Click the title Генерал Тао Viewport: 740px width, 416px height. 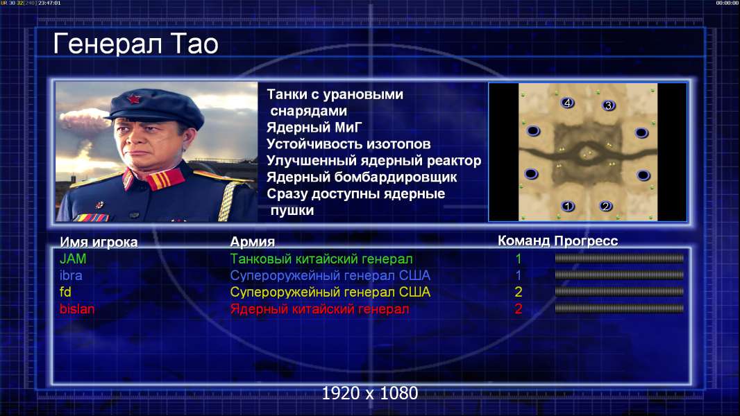pos(135,44)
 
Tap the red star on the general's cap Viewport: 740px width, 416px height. pos(134,98)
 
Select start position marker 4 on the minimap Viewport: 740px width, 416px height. pos(567,102)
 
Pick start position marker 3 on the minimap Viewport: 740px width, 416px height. pos(608,105)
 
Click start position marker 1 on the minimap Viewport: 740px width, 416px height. pos(568,206)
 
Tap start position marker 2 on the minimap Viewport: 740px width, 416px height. pos(605,206)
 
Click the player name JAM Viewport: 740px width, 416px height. pos(73,259)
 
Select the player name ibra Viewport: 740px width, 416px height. pos(71,275)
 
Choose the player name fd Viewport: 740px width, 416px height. pos(65,292)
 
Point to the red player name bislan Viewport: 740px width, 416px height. pos(77,309)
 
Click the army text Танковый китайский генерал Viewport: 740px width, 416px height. pos(321,259)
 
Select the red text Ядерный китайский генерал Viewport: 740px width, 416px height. pos(319,309)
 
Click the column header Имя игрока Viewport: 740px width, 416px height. pos(99,242)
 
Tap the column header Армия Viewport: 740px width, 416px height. pos(253,242)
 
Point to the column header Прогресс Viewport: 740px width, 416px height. pos(586,241)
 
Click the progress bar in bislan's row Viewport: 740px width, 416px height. pos(619,309)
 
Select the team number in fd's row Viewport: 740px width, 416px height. pos(518,292)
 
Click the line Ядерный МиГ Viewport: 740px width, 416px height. pos(314,127)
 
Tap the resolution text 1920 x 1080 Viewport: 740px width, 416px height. pos(370,393)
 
